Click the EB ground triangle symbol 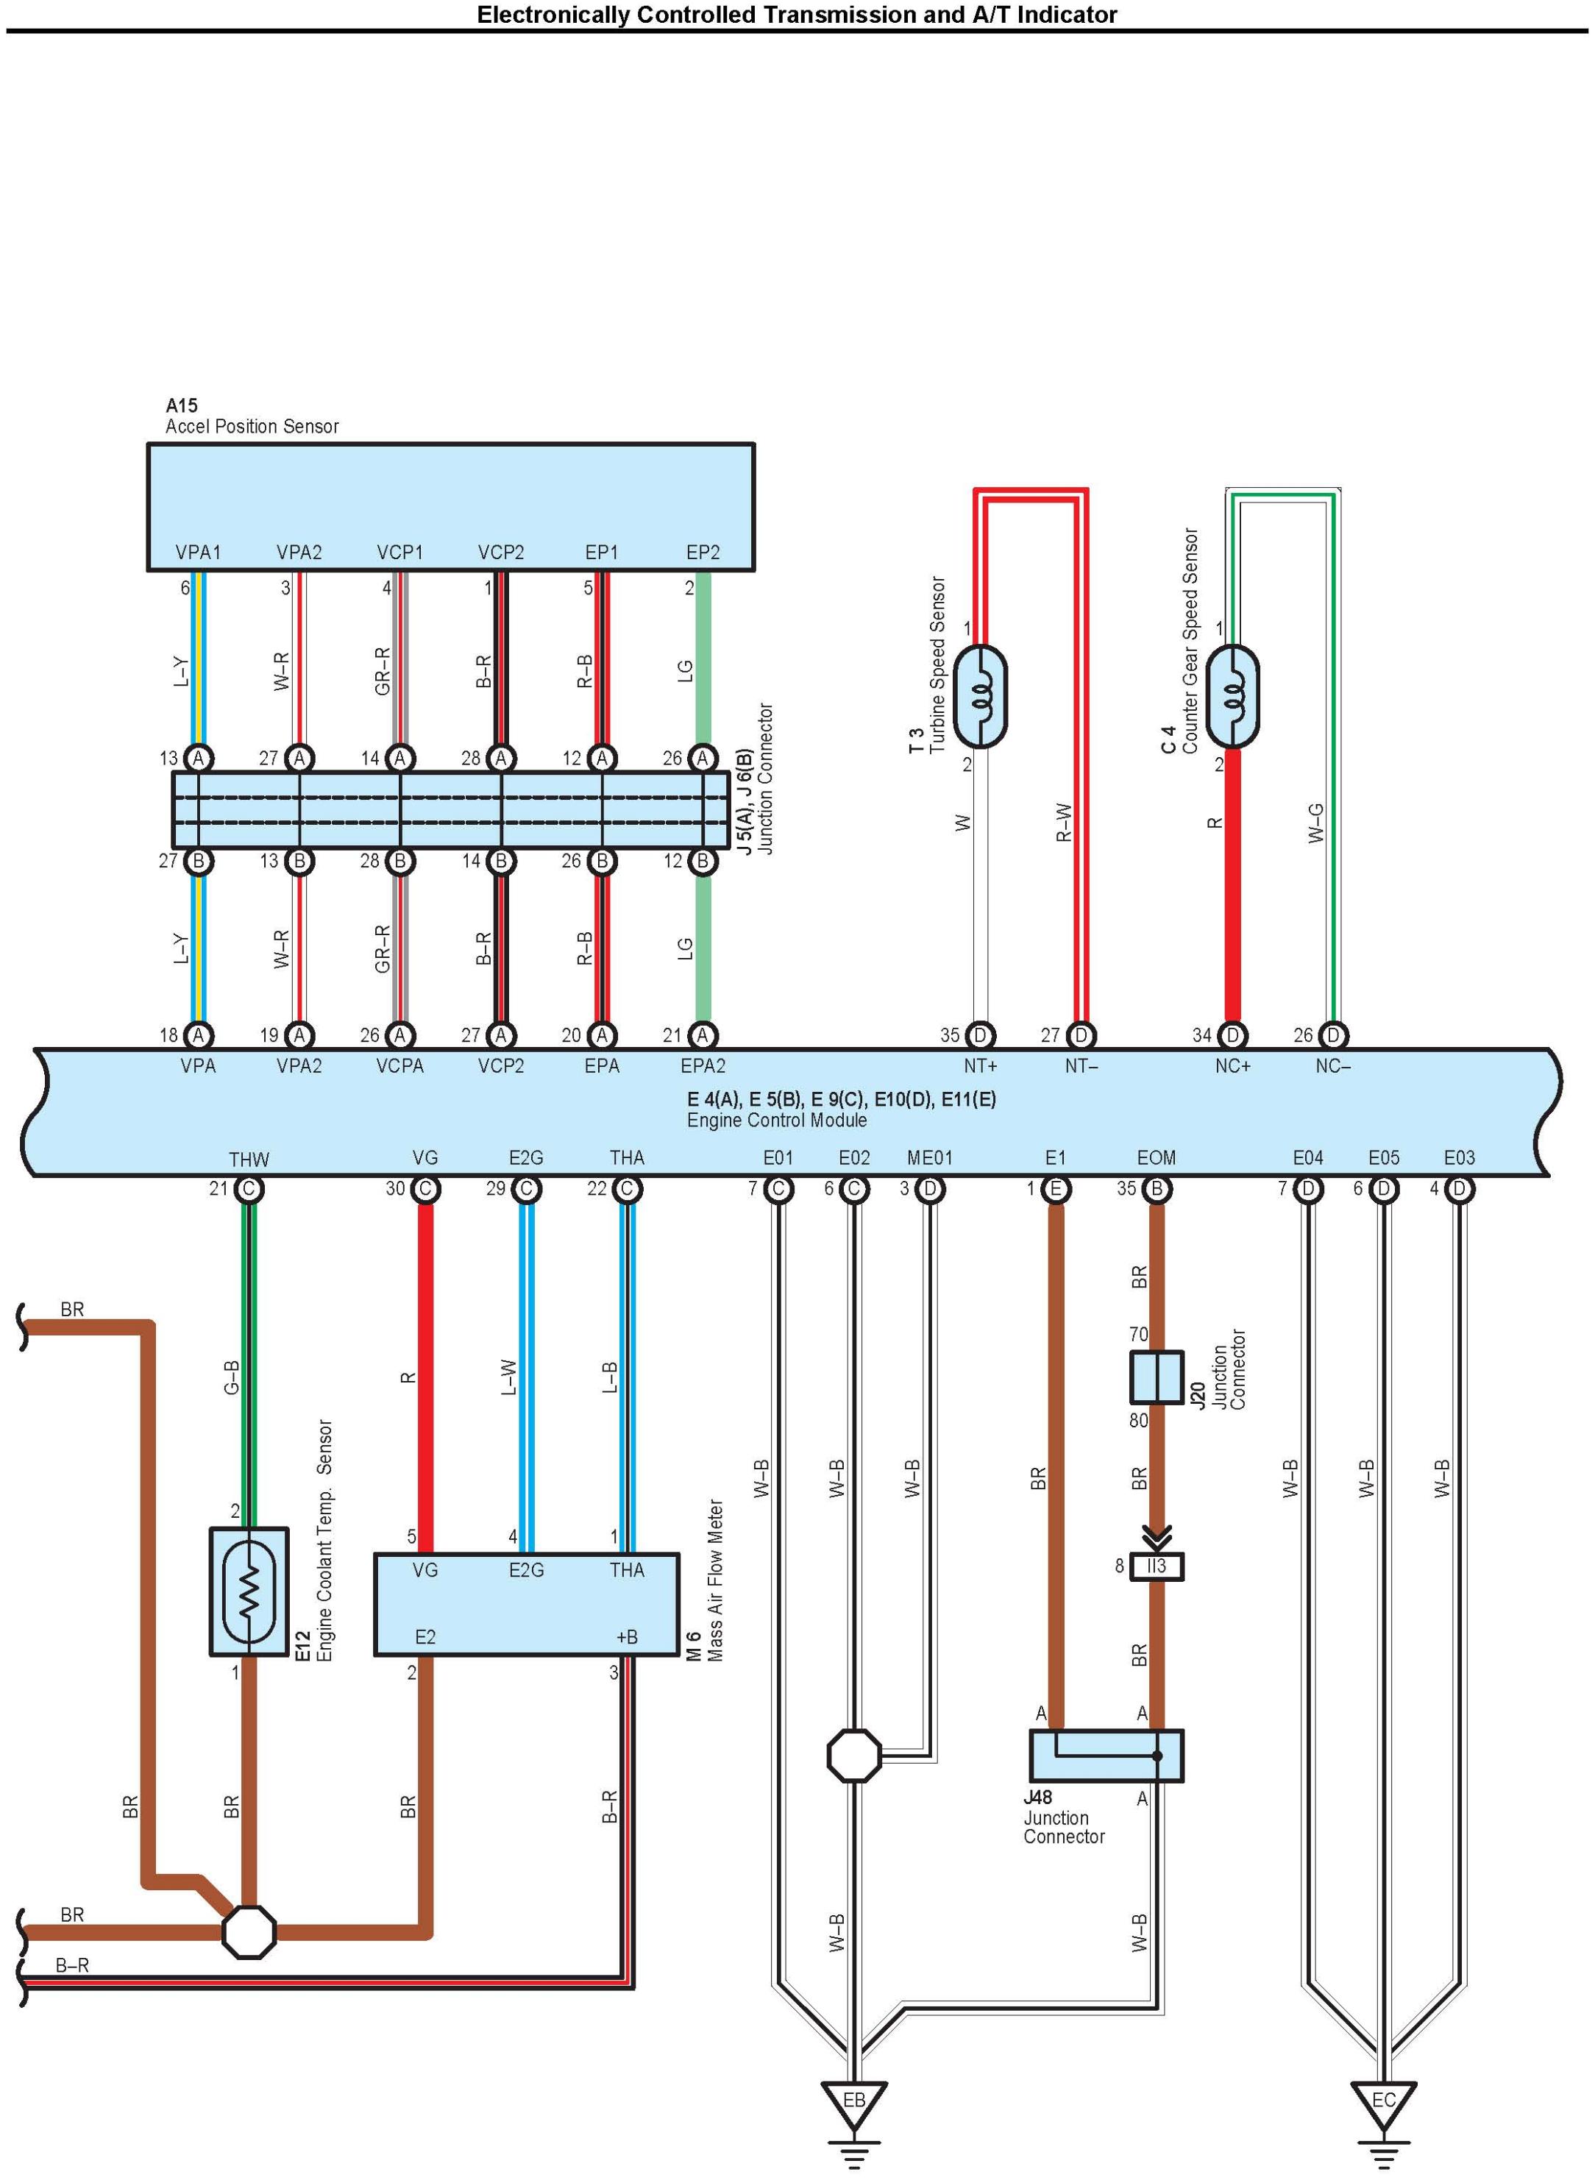pos(853,2104)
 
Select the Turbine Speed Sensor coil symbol pos(980,696)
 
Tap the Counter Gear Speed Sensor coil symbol pos(1233,696)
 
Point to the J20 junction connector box pos(1157,1377)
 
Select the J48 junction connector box pos(1106,1756)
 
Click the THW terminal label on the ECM pos(249,1160)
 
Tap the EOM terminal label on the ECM pos(1156,1157)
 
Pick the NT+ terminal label pos(980,1066)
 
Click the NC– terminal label pos(1332,1066)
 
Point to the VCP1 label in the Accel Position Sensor pos(399,553)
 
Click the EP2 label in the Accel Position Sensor pos(703,553)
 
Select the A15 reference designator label pos(182,405)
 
